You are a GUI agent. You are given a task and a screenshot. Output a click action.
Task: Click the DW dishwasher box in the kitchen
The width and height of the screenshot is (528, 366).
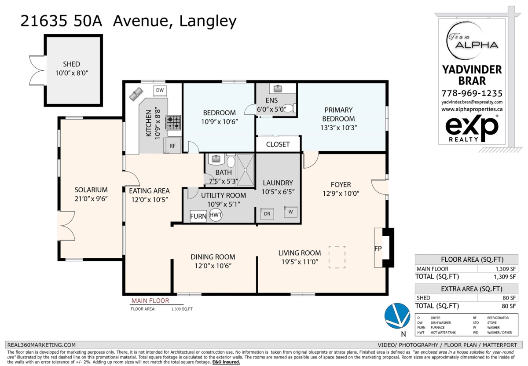click(160, 91)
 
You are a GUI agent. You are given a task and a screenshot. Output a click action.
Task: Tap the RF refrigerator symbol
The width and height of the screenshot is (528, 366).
click(172, 146)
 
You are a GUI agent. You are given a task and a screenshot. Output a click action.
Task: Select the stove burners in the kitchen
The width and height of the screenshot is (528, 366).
click(173, 122)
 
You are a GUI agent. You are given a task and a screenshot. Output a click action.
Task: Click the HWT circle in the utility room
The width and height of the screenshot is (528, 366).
click(216, 215)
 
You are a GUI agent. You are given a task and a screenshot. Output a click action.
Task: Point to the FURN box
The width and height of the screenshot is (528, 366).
click(198, 216)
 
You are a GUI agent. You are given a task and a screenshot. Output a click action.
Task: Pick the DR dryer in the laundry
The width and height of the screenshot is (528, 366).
click(267, 214)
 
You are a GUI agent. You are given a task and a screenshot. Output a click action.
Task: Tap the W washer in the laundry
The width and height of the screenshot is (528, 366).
click(291, 212)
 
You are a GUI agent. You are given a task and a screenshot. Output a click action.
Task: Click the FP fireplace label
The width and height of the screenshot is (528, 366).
click(378, 249)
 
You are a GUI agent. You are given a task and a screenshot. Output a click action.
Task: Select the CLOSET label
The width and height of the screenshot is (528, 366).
click(278, 144)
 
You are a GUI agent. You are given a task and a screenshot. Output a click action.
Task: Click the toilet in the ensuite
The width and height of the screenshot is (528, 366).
click(289, 108)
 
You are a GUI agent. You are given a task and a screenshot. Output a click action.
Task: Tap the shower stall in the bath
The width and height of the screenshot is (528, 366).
click(246, 170)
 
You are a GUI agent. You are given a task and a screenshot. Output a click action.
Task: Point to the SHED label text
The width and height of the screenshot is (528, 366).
click(71, 64)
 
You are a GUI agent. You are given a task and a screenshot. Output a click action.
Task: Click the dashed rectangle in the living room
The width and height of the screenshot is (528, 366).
click(337, 257)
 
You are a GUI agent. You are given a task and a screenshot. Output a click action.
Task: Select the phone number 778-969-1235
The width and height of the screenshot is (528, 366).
click(472, 93)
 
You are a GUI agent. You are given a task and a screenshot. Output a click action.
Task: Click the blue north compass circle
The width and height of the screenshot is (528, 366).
click(397, 316)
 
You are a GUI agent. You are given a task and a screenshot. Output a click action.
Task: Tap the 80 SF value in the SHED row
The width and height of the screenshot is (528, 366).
click(509, 298)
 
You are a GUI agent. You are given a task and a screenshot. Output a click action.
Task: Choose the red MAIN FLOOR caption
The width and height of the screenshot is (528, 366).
click(150, 301)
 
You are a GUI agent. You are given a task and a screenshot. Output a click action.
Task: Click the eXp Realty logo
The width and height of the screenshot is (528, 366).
click(472, 128)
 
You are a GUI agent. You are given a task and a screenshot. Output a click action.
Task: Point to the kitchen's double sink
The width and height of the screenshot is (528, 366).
click(136, 94)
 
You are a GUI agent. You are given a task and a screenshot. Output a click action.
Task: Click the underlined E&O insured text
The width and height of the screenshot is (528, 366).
click(226, 362)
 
